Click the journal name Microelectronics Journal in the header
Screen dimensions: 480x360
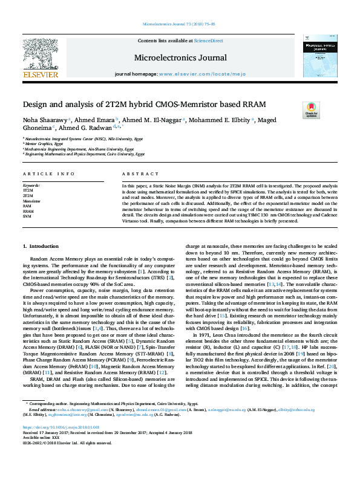[180, 58]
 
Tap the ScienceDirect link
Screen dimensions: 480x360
[208, 41]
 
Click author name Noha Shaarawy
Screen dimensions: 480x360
[45, 120]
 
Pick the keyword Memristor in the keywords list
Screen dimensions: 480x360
[31, 200]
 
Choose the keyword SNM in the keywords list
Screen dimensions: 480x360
[27, 215]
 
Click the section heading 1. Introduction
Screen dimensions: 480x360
[41, 246]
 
